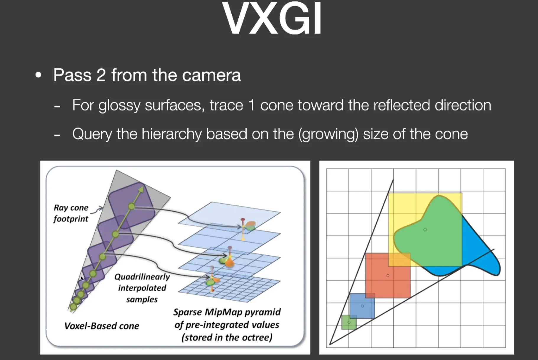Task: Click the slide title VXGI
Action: (x=272, y=18)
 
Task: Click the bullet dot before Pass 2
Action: (x=38, y=75)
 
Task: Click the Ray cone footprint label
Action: (x=71, y=213)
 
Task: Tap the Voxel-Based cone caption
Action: (x=102, y=326)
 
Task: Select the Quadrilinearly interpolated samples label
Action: (x=142, y=288)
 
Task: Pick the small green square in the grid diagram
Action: (x=349, y=322)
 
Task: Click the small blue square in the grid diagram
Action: (x=362, y=306)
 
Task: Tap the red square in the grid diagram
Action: (x=388, y=275)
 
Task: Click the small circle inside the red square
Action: (x=388, y=275)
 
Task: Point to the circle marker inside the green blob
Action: (x=425, y=230)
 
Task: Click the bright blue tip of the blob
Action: (x=495, y=267)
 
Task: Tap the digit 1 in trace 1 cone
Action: (x=251, y=105)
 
